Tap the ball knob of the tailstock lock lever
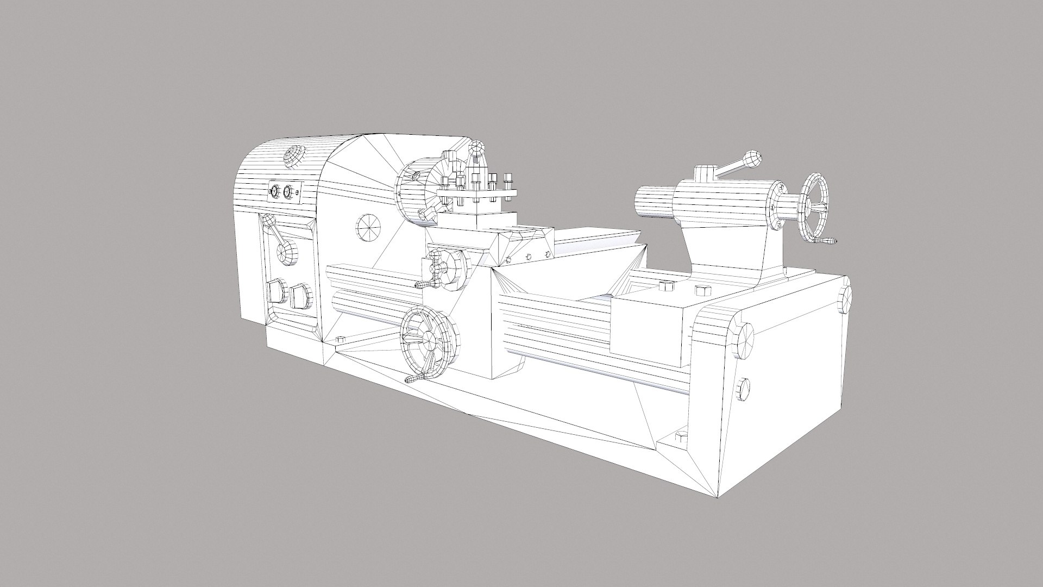pyautogui.click(x=753, y=158)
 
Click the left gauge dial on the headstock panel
pyautogui.click(x=274, y=191)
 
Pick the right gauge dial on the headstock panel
pyautogui.click(x=288, y=192)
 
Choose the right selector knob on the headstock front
pyautogui.click(x=301, y=297)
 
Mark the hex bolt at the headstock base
pyautogui.click(x=341, y=339)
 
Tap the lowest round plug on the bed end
pyautogui.click(x=744, y=389)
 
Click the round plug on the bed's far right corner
pyautogui.click(x=845, y=298)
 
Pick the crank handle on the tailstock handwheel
pyautogui.click(x=826, y=241)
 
